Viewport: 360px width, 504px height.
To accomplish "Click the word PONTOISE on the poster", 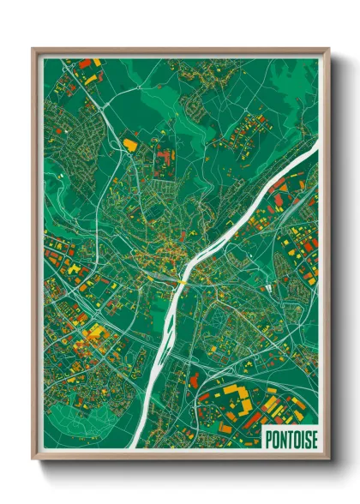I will [x=291, y=437].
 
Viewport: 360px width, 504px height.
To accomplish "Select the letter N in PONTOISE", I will [x=284, y=437].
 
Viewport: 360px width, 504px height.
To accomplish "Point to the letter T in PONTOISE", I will [x=291, y=437].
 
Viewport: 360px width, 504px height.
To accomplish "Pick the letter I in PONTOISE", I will [x=303, y=437].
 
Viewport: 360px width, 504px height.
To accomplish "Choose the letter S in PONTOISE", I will [x=308, y=437].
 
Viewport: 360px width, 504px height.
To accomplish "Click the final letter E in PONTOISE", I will [x=314, y=437].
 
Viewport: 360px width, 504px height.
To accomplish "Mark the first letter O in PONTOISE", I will [x=277, y=437].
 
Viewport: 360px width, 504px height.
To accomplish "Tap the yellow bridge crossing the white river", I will [x=182, y=283].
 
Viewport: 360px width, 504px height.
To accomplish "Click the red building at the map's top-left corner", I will [x=85, y=63].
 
